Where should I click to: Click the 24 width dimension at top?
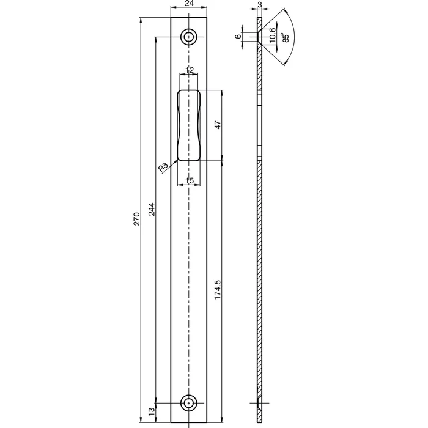(190, 4)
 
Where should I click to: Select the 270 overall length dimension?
(138, 219)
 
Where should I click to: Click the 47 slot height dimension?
(218, 126)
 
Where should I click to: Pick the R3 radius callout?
(163, 168)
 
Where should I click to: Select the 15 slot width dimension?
(190, 180)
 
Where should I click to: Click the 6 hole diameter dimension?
(238, 36)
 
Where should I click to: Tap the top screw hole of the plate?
(190, 36)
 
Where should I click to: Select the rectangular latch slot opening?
(190, 125)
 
